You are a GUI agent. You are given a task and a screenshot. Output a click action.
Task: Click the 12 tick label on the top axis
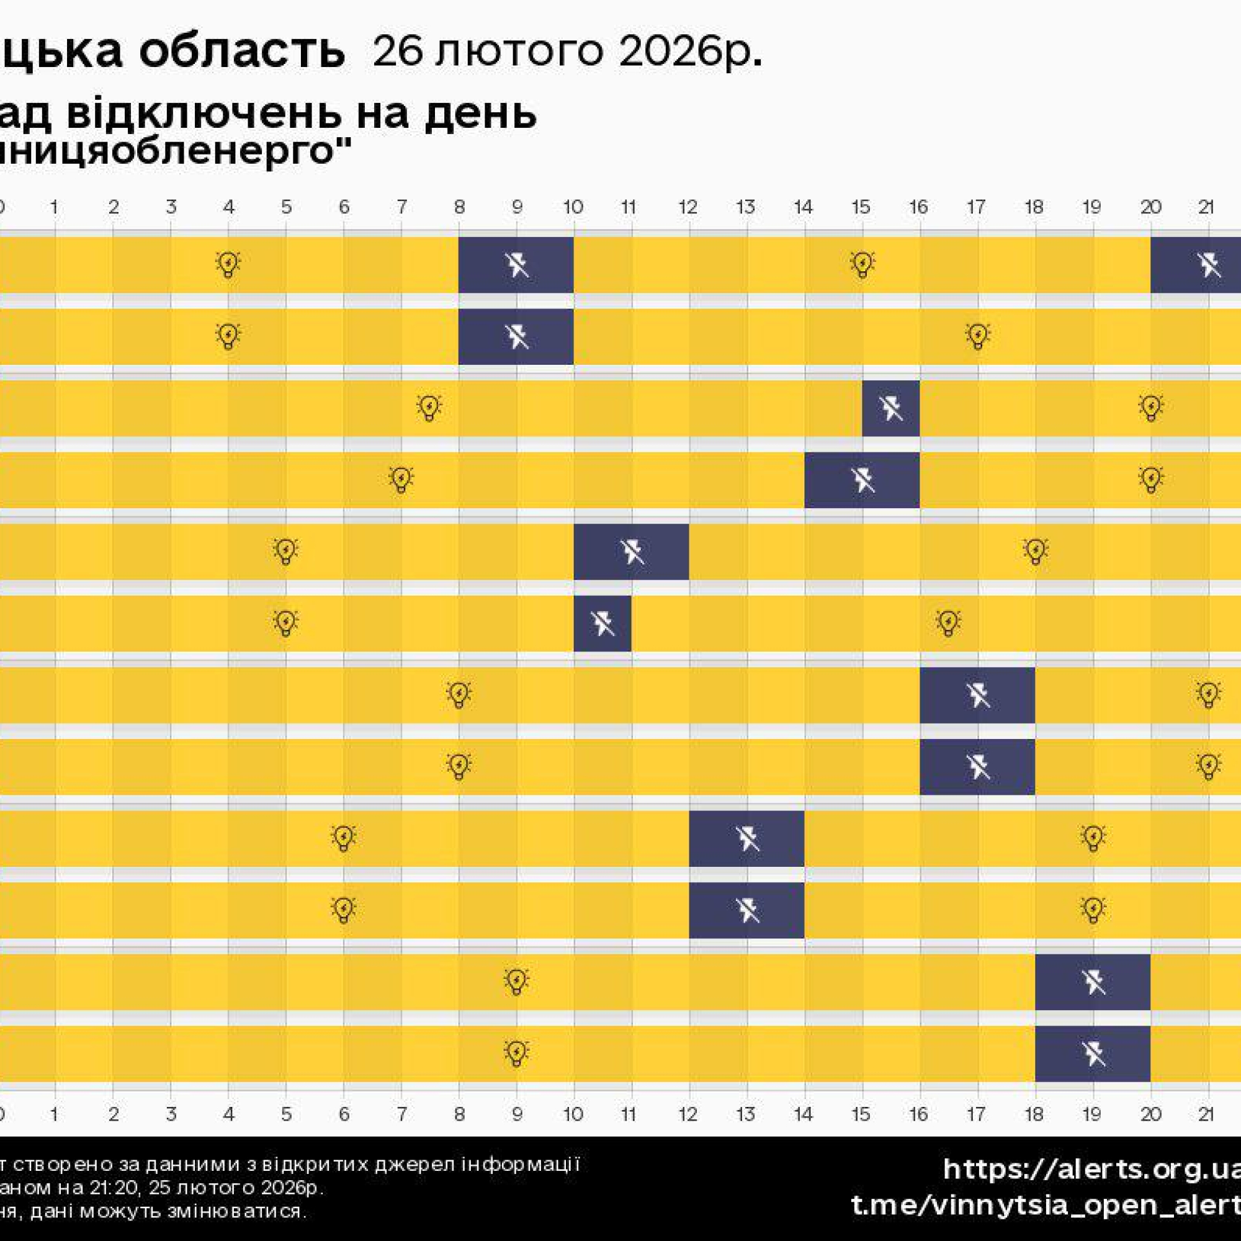tap(688, 207)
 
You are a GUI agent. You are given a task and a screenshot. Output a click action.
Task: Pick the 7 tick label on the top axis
tap(401, 207)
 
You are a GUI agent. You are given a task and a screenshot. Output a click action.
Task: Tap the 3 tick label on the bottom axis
tap(171, 1113)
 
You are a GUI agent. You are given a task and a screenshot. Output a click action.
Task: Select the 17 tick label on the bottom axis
tap(976, 1113)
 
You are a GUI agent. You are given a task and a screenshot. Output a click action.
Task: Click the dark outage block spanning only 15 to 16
tap(890, 408)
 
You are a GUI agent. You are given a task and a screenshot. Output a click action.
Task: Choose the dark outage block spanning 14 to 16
tap(861, 480)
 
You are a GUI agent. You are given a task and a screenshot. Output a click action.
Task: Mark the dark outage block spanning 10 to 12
tap(631, 552)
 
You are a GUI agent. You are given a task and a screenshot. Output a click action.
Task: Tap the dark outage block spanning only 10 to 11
tap(603, 623)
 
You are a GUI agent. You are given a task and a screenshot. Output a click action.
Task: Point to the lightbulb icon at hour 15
tap(862, 263)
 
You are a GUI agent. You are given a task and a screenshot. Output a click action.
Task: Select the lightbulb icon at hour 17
tap(977, 335)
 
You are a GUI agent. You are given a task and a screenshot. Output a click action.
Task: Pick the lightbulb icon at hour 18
tap(1035, 550)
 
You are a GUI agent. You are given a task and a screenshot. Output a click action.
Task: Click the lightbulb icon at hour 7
tap(401, 479)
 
